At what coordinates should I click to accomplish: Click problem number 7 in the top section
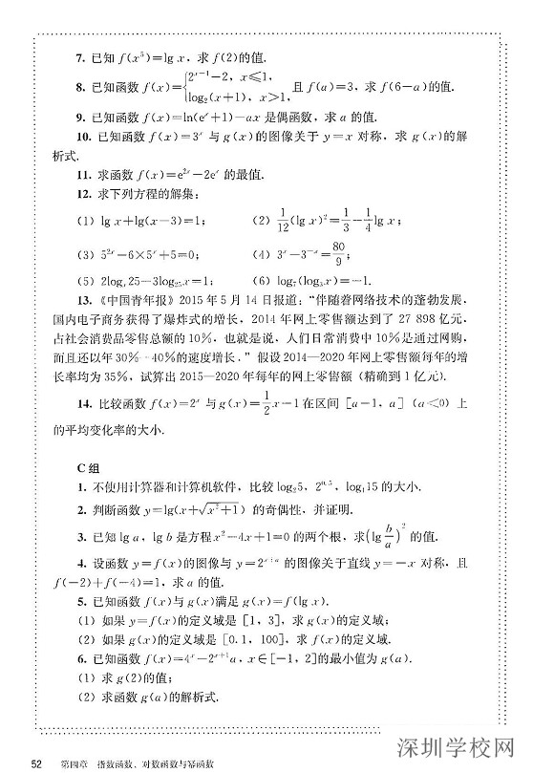tap(82, 57)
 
